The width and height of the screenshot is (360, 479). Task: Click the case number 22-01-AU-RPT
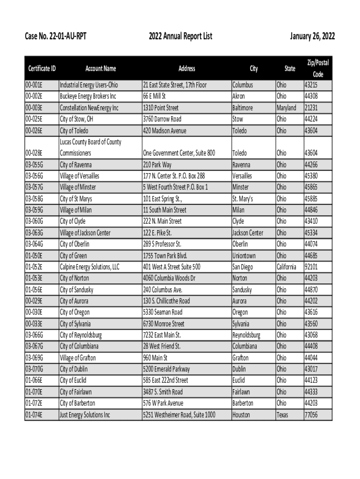coord(56,36)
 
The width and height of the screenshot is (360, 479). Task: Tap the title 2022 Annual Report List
coord(180,36)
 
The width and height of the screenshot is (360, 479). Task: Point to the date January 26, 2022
coord(312,36)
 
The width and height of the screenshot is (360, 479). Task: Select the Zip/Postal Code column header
coord(317,68)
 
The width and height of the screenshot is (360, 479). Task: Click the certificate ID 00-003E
coord(34,108)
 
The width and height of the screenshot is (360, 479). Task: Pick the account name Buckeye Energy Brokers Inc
coord(88,96)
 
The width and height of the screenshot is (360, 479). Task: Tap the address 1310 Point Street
coord(160,108)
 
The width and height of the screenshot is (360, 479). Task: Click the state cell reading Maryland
coord(286,108)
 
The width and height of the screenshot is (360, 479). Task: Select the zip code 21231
coord(311,108)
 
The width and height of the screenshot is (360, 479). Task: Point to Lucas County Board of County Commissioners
coord(90,147)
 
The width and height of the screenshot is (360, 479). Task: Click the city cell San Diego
coord(243,267)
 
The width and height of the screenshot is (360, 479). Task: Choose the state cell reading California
coord(286,267)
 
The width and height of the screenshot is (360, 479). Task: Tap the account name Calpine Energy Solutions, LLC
coord(89,267)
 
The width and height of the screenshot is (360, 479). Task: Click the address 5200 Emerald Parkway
coord(166,369)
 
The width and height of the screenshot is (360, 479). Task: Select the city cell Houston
coord(241,414)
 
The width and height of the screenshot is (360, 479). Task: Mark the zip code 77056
coord(311,414)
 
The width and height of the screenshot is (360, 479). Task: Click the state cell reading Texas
coord(282,414)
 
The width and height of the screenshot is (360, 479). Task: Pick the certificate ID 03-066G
coord(34,335)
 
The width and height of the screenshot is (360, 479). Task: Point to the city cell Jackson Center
coord(248,232)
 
